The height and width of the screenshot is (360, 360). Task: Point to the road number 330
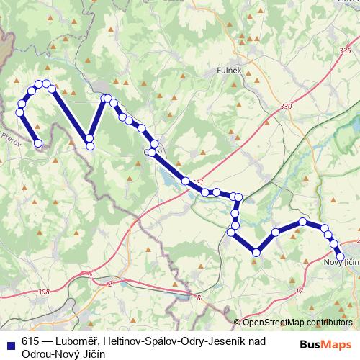coord(287,107)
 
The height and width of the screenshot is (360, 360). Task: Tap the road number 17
coord(300,290)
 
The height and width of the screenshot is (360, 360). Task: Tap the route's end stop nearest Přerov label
coord(38,143)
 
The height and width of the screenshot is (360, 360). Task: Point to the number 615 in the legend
coord(30,342)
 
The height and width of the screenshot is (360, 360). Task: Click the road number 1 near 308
coord(91,276)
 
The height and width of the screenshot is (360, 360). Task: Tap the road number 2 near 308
coord(109,283)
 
